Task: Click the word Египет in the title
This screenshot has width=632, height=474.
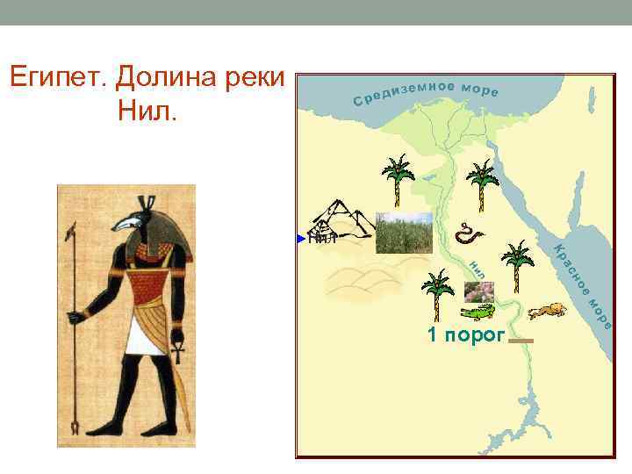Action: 57,78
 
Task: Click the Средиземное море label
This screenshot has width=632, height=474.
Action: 426,92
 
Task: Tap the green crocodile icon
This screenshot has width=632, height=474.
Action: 477,312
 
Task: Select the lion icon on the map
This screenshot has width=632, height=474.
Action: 546,311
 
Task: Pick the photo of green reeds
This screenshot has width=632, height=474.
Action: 404,233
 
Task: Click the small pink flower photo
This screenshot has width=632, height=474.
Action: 479,291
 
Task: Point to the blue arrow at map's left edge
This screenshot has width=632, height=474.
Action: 301,237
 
